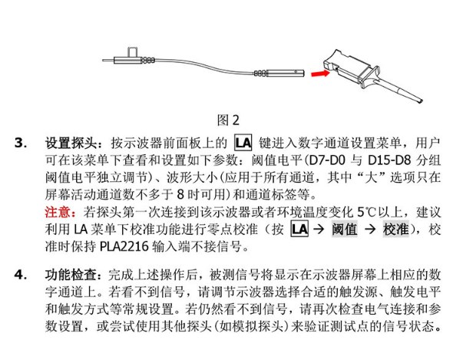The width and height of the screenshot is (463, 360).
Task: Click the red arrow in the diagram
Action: coord(320,73)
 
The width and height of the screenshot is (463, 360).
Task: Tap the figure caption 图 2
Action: coord(228,120)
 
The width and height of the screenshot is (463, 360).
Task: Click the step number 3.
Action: coord(21,144)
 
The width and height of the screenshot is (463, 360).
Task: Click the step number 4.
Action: coord(21,275)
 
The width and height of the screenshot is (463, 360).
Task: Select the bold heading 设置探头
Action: coord(71,144)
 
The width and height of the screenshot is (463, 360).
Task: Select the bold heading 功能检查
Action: coord(71,275)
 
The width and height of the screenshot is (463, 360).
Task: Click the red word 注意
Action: coord(58,212)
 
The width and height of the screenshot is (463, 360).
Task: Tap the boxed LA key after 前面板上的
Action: coord(243,143)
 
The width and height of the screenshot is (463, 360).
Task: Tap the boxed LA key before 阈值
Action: coord(299,230)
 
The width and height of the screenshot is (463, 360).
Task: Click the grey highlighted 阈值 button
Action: coord(345,230)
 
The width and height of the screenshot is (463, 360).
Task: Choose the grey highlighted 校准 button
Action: coord(396,230)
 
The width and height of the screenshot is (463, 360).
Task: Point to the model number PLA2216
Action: coord(124,246)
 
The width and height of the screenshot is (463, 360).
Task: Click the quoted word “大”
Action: coord(371,177)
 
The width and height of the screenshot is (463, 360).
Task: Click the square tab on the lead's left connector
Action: coord(132,52)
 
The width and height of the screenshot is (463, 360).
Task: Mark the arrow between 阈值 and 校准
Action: coord(370,230)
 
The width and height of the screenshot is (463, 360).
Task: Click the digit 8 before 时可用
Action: coord(181,194)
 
